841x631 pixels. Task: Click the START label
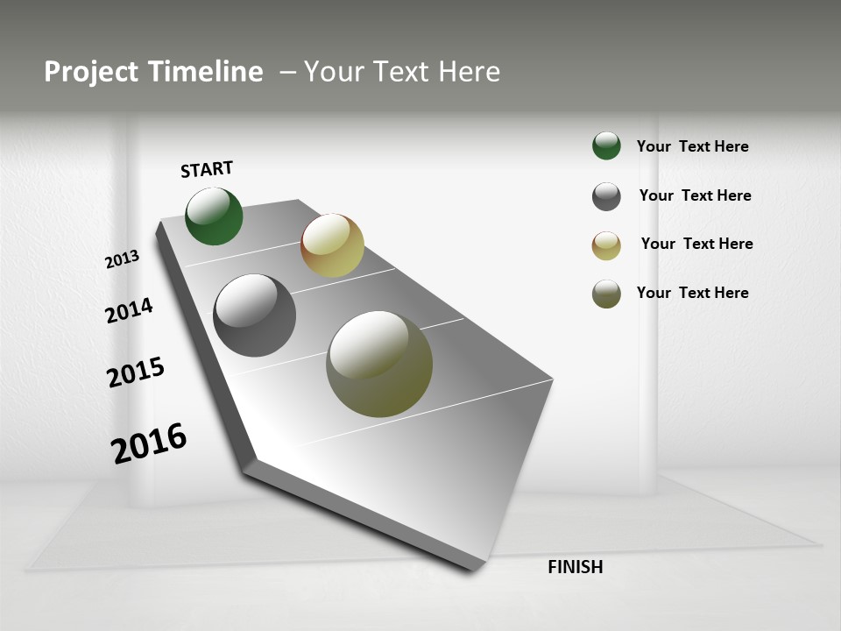(207, 169)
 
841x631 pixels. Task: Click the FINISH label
(575, 567)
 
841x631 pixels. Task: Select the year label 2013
(122, 259)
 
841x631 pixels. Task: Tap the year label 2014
(129, 310)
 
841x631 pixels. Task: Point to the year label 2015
(136, 372)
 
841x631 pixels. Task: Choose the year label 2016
(149, 443)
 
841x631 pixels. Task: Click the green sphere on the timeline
(214, 216)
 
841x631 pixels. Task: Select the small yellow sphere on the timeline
(332, 245)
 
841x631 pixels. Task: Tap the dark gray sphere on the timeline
(254, 315)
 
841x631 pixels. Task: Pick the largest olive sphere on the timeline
(379, 364)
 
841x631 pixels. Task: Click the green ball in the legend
(606, 145)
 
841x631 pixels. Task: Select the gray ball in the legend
(606, 196)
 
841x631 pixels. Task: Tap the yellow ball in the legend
(606, 245)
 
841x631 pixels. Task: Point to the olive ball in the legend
(606, 294)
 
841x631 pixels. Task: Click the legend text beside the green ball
(692, 146)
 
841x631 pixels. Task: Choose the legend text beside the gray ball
(695, 195)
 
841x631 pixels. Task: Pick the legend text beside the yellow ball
(696, 244)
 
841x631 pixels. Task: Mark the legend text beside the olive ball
(692, 293)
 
